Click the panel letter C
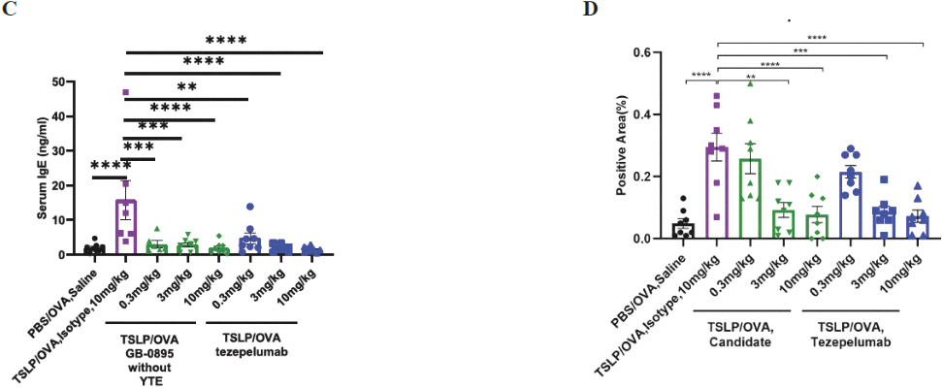[x=9, y=10]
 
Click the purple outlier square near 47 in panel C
[x=125, y=92]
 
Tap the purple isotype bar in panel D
[x=716, y=194]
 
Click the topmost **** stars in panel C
[x=226, y=41]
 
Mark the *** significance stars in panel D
[x=800, y=50]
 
